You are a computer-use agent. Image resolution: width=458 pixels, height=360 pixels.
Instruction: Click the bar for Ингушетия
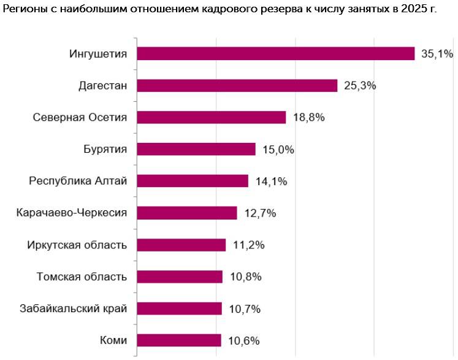[276, 53]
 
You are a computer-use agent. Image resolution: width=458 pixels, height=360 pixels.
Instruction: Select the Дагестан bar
[237, 86]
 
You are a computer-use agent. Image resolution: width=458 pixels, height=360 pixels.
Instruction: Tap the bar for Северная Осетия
[212, 118]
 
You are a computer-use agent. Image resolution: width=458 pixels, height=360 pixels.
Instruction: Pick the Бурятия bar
[196, 149]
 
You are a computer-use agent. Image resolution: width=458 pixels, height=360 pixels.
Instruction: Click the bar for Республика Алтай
[193, 181]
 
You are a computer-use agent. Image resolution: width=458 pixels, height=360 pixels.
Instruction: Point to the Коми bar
[179, 340]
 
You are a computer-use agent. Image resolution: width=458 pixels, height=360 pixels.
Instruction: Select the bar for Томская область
[180, 277]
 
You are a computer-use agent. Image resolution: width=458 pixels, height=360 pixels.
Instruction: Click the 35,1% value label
[437, 54]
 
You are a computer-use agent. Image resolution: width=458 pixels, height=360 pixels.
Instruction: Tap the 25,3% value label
[360, 86]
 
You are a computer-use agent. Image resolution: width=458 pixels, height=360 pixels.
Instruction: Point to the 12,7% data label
[260, 213]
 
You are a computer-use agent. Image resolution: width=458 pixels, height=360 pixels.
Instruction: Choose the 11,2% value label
[248, 245]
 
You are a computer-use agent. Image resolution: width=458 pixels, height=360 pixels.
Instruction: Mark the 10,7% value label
[245, 309]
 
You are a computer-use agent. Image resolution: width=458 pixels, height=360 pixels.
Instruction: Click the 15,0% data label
[278, 150]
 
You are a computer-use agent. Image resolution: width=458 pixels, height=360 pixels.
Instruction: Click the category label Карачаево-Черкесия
[72, 212]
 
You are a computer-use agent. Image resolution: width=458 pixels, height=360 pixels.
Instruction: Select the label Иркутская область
[77, 245]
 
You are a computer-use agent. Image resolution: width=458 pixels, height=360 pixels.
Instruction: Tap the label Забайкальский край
[74, 308]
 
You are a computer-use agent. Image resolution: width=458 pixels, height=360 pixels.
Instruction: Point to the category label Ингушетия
[98, 54]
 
